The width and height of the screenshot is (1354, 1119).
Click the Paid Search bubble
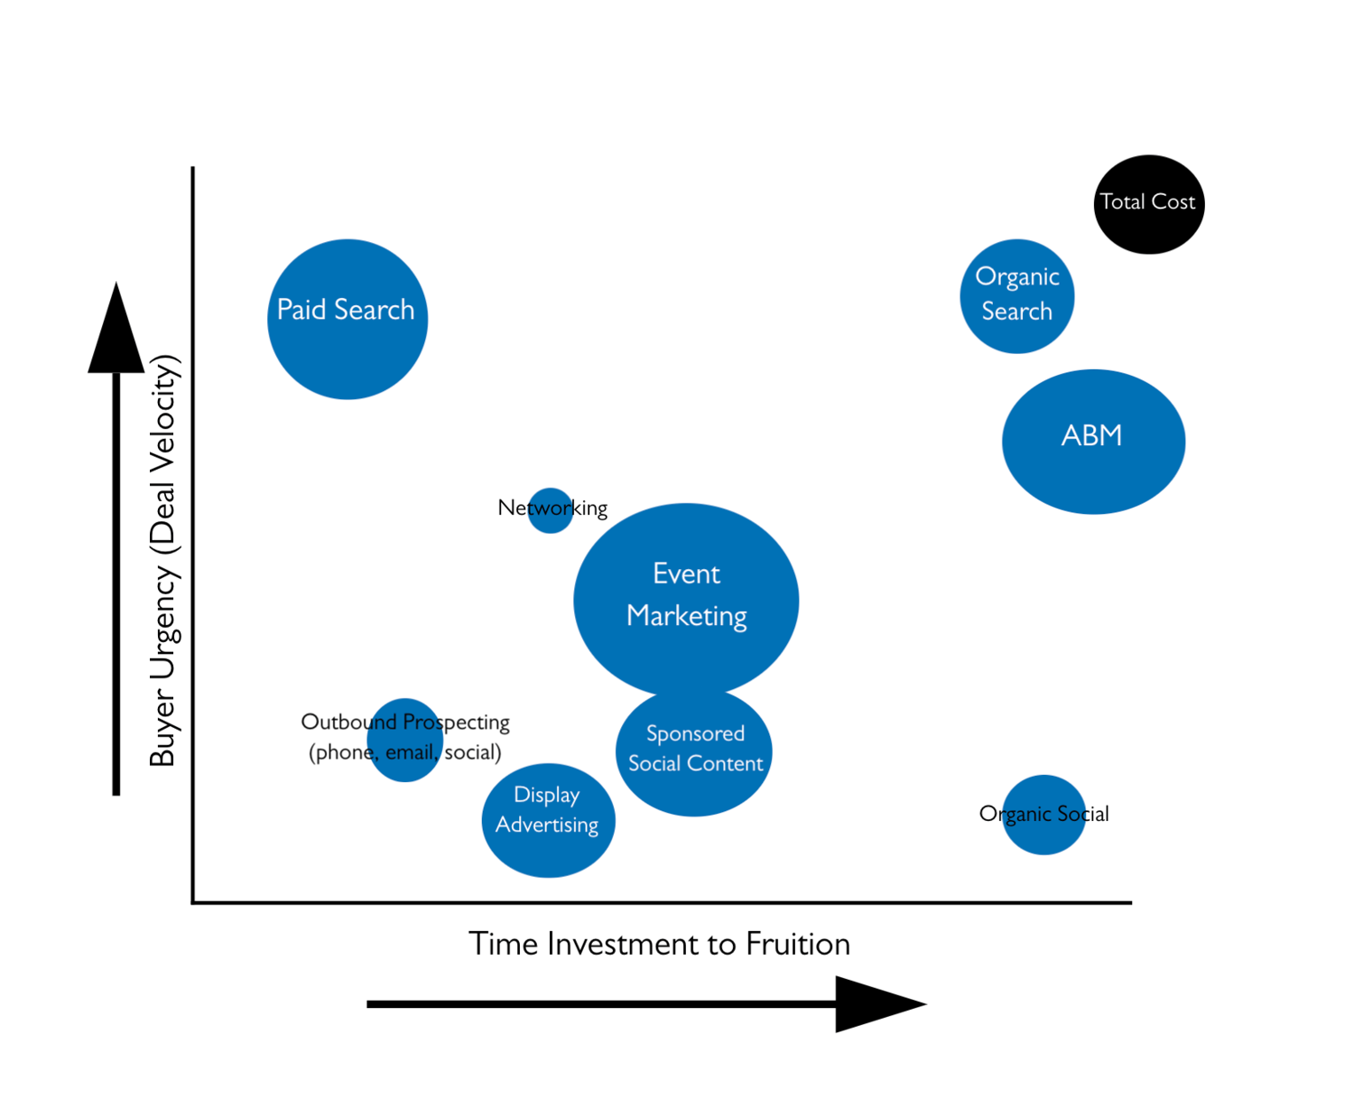[x=348, y=319]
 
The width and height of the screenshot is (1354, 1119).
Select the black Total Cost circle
[x=1149, y=204]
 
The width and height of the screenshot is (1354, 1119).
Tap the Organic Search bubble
[x=1017, y=296]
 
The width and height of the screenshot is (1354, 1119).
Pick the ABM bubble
[x=1093, y=442]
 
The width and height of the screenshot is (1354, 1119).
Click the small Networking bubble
[x=550, y=510]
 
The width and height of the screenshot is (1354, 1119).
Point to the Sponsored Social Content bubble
[x=694, y=751]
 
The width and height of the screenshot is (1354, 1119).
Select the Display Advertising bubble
[x=548, y=820]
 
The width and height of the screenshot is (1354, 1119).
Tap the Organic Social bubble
[x=1043, y=815]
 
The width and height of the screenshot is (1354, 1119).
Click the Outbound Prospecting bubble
[x=404, y=740]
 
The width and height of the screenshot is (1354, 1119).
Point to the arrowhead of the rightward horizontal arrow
[x=876, y=1003]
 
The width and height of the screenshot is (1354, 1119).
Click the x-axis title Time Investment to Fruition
[x=659, y=944]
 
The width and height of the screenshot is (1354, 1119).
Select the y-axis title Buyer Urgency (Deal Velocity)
[x=164, y=560]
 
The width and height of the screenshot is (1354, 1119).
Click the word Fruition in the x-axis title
[x=797, y=944]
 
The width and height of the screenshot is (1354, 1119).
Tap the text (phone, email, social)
[x=404, y=752]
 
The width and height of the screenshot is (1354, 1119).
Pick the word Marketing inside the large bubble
[x=687, y=616]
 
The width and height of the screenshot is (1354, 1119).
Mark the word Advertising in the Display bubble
[x=547, y=825]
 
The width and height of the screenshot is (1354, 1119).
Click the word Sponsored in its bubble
[x=695, y=733]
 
